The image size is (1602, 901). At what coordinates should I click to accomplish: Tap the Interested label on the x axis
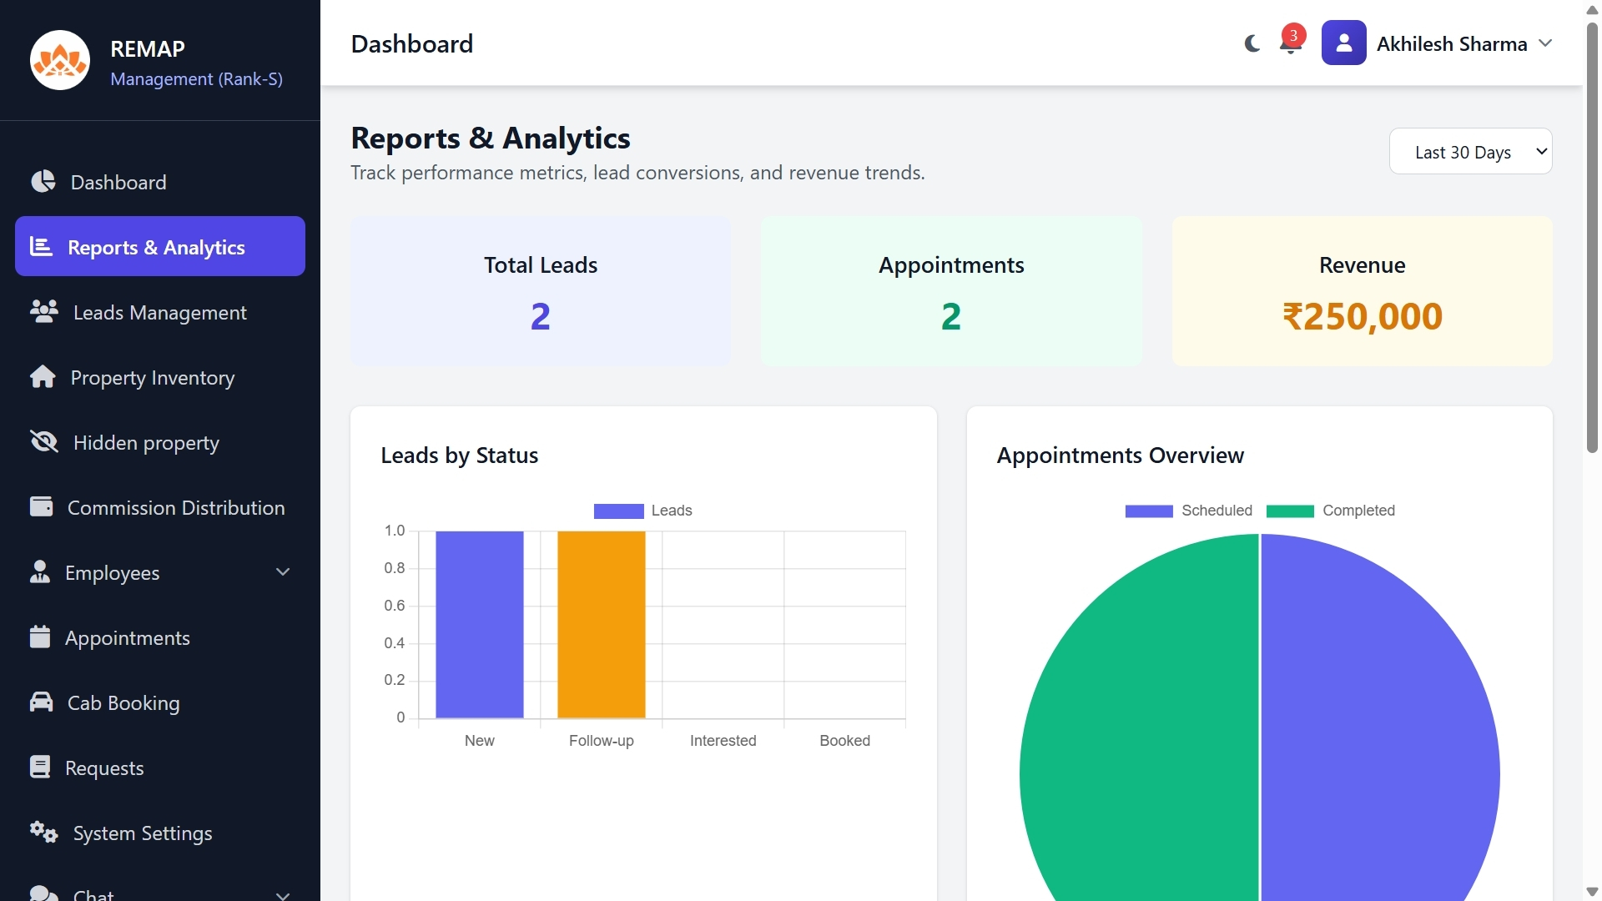pyautogui.click(x=723, y=741)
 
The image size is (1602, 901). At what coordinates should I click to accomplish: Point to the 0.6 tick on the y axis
pyautogui.click(x=395, y=606)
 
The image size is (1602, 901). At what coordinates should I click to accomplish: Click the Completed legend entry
pyautogui.click(x=1330, y=511)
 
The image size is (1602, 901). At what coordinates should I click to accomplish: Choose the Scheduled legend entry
pyautogui.click(x=1188, y=511)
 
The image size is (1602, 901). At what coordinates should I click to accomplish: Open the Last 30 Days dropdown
pyautogui.click(x=1470, y=152)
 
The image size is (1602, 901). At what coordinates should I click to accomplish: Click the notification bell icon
pyautogui.click(x=1290, y=44)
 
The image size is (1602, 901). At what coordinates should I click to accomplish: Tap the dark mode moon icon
pyautogui.click(x=1252, y=43)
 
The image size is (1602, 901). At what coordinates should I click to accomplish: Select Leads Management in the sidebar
pyautogui.click(x=159, y=313)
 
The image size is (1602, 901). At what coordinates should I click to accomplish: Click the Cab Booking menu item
pyautogui.click(x=123, y=703)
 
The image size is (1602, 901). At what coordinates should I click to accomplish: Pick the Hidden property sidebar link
pyautogui.click(x=146, y=443)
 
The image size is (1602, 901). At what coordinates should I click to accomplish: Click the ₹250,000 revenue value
pyautogui.click(x=1362, y=316)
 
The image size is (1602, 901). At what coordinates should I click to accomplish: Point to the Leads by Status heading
pyautogui.click(x=459, y=456)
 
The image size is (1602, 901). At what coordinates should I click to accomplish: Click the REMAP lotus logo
pyautogui.click(x=60, y=60)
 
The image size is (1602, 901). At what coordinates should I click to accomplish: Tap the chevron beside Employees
pyautogui.click(x=283, y=572)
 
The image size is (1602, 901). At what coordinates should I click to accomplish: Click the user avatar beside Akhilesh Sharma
pyautogui.click(x=1343, y=43)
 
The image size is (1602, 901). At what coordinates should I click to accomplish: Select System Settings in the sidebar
pyautogui.click(x=142, y=833)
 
